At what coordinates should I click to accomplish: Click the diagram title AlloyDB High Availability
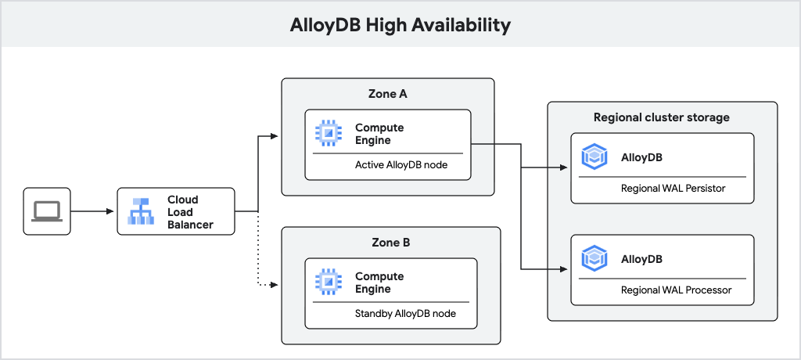[x=400, y=25]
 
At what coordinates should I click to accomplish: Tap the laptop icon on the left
[x=46, y=211]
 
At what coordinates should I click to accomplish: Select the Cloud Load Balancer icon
[x=142, y=211]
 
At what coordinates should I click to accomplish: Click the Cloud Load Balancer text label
[x=189, y=212]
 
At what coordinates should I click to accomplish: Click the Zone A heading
[x=387, y=94]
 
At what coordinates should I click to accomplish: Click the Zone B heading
[x=389, y=243]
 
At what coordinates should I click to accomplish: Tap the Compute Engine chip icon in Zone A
[x=329, y=134]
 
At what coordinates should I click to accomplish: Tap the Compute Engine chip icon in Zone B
[x=329, y=283]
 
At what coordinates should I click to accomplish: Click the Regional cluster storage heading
[x=662, y=117]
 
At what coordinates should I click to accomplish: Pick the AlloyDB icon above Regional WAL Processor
[x=595, y=258]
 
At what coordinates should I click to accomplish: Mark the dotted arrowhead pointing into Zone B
[x=275, y=285]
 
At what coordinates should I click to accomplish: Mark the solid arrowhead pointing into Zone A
[x=275, y=136]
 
